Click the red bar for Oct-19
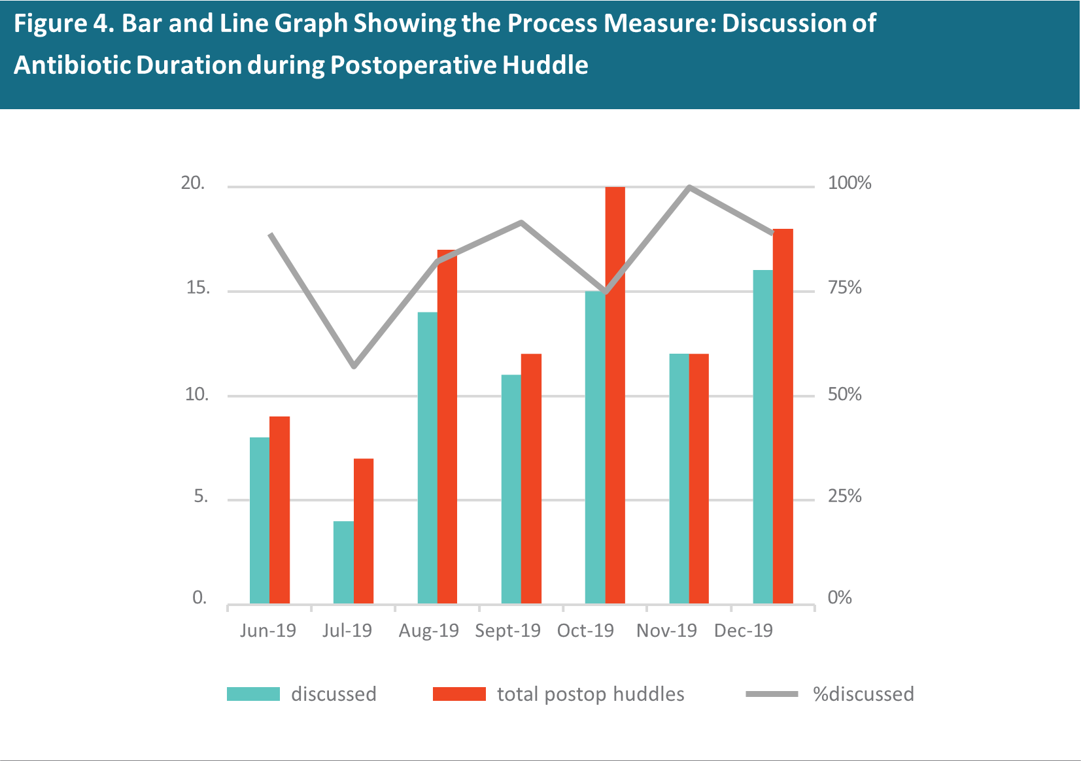[x=615, y=396]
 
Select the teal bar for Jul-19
[x=343, y=562]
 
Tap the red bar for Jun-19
[x=279, y=510]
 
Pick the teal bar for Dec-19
[x=763, y=437]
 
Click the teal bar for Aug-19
[x=428, y=458]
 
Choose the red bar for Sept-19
[x=531, y=479]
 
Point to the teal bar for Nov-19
[x=679, y=479]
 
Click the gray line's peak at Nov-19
[x=690, y=187]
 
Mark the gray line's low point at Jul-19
[x=354, y=365]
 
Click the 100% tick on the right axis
[x=849, y=183]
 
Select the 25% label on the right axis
[x=844, y=496]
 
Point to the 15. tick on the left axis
[x=198, y=288]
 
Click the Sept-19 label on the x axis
[x=507, y=630]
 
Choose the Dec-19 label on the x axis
[x=744, y=630]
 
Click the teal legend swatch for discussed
[x=253, y=694]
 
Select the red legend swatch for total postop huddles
[x=460, y=694]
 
